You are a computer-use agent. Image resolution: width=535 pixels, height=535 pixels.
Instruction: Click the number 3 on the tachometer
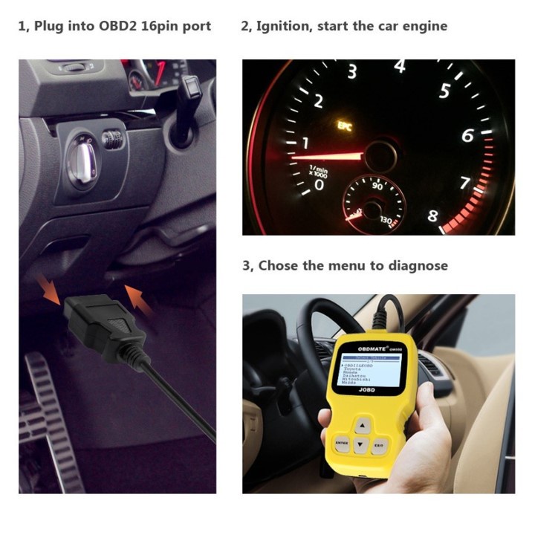[x=352, y=72]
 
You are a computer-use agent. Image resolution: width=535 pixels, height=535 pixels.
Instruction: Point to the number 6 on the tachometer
[x=467, y=136]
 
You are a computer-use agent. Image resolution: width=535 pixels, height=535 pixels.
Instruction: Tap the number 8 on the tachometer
[x=432, y=218]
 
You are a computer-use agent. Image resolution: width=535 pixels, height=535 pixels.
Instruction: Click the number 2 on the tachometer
[x=317, y=101]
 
